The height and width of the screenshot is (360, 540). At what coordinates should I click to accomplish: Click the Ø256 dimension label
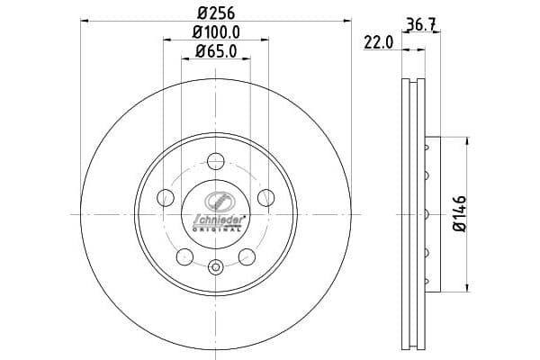click(x=216, y=13)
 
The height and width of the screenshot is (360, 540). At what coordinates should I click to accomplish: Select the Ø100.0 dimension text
click(x=216, y=32)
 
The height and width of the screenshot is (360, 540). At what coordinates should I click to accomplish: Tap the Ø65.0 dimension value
click(x=216, y=51)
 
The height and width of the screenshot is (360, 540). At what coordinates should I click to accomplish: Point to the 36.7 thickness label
click(x=422, y=24)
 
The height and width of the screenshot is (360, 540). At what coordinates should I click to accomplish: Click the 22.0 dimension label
click(x=379, y=43)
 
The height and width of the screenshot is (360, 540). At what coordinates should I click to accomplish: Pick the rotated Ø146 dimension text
click(x=460, y=214)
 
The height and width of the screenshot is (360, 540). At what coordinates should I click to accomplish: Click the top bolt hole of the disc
click(x=216, y=161)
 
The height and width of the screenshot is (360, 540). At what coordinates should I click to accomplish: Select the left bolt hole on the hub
click(x=166, y=198)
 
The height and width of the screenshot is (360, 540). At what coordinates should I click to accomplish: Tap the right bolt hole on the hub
click(x=266, y=198)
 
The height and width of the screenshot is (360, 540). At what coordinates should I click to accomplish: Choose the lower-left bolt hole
click(x=184, y=257)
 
